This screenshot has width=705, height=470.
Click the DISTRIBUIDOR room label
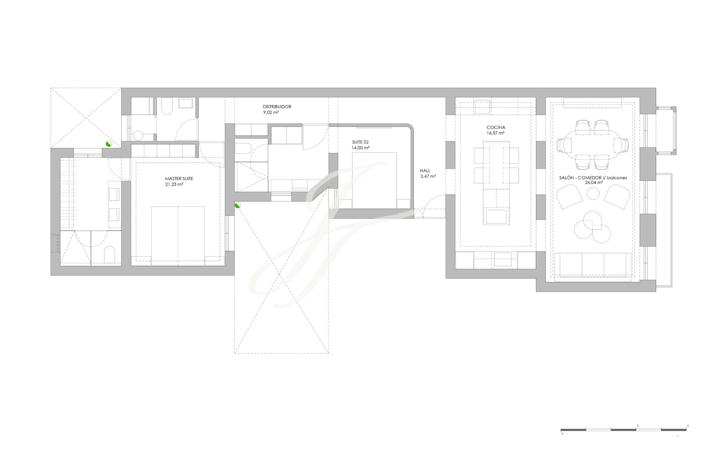coord(277,107)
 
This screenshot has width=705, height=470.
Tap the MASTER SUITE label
coord(179,179)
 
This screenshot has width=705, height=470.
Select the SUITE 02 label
coord(360,142)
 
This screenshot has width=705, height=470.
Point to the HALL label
coord(425,171)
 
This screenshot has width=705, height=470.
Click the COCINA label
coord(496,127)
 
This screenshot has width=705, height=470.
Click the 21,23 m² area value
coord(174,184)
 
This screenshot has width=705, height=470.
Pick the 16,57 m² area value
coord(496,133)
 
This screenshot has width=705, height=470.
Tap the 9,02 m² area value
coord(271,112)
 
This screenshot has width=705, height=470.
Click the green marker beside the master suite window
coord(238,205)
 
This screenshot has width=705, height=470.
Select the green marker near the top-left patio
coord(109,144)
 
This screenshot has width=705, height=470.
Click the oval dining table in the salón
coord(593,144)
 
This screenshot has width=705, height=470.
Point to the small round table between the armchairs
coord(593,194)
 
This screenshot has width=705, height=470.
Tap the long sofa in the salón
coord(593,264)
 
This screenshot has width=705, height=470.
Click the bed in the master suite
coord(178,236)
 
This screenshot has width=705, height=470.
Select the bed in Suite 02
coord(374,180)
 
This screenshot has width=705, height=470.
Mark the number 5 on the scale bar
coord(688,426)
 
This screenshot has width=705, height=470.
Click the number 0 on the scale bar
coord(562,434)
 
